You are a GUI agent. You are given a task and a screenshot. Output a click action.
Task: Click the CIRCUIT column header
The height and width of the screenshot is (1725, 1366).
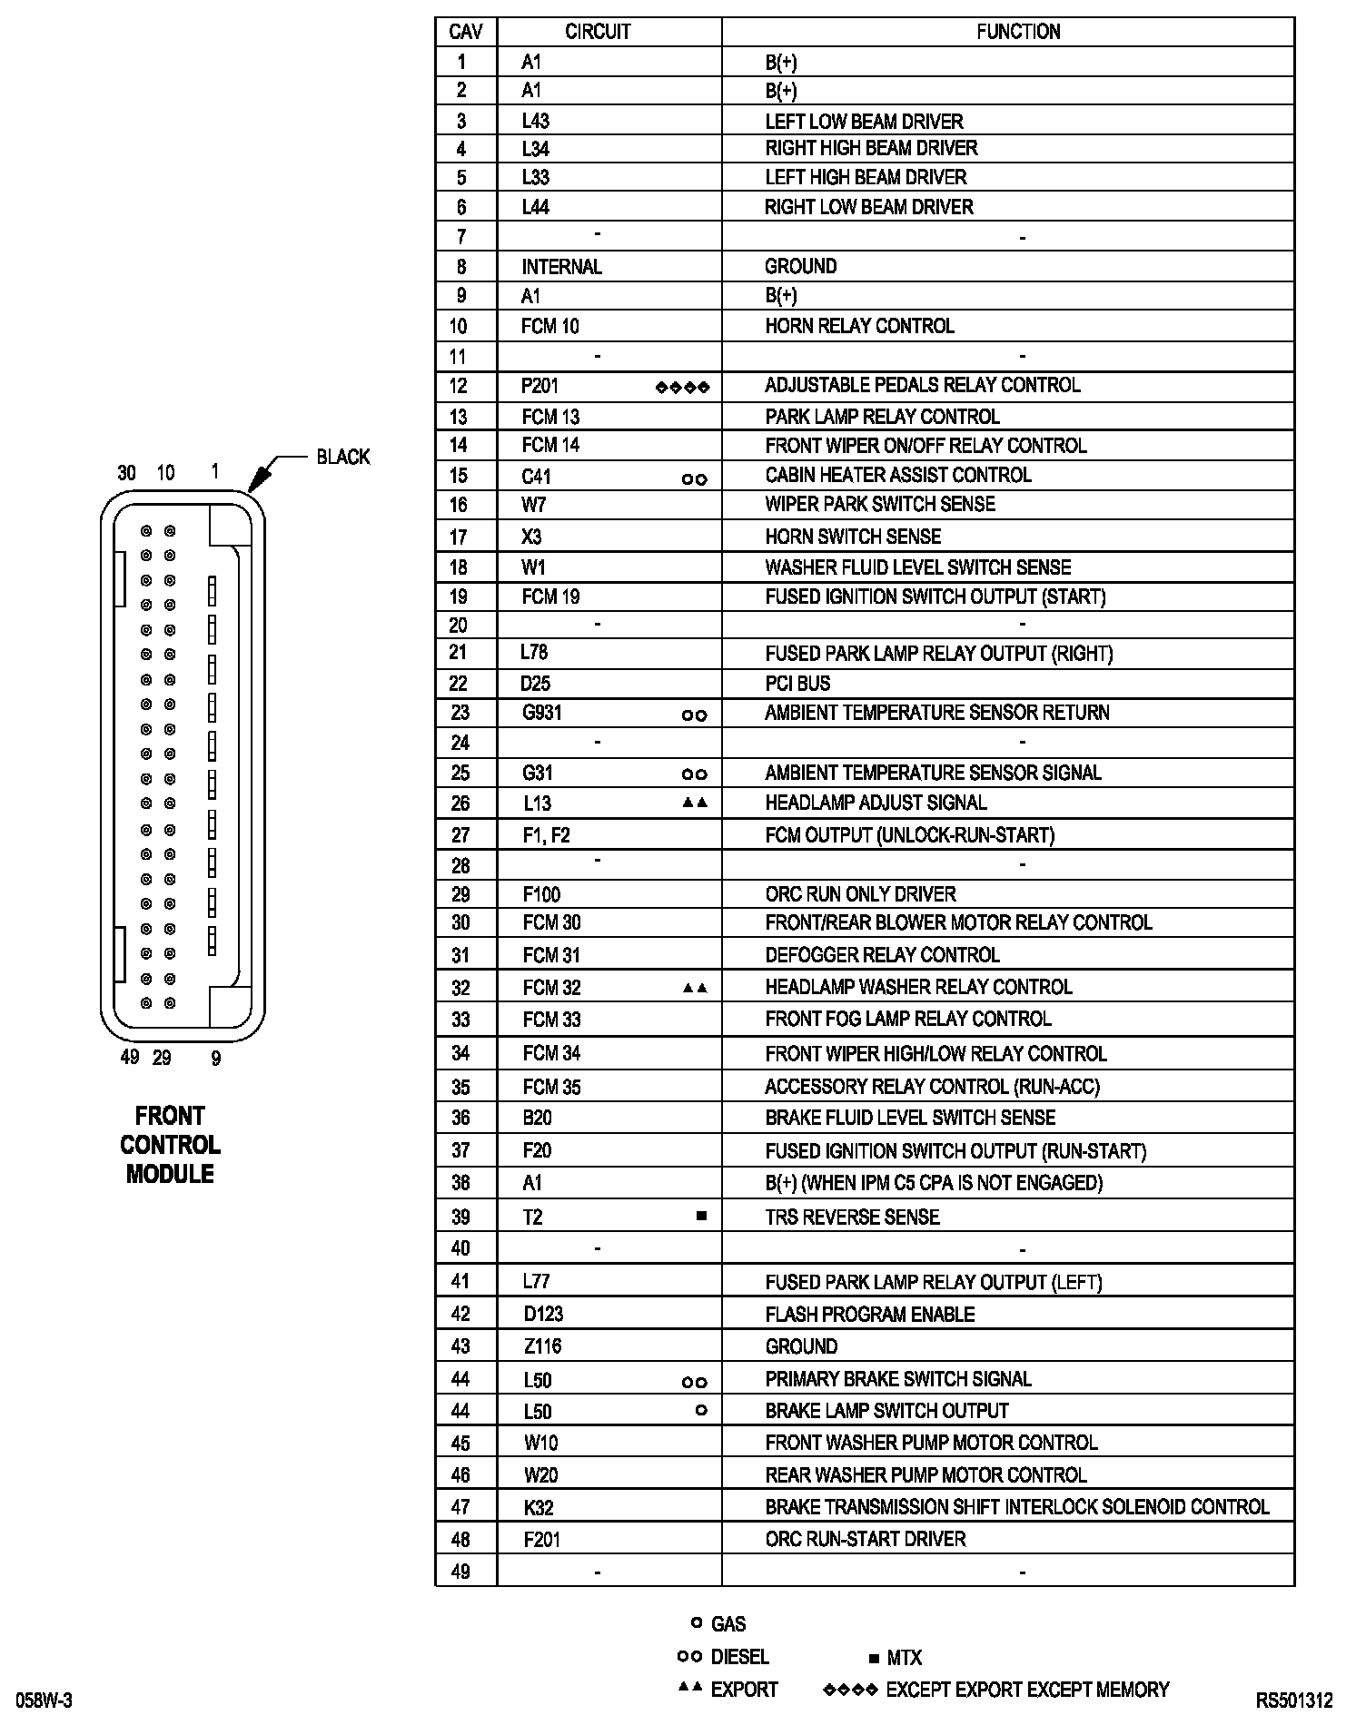click(598, 32)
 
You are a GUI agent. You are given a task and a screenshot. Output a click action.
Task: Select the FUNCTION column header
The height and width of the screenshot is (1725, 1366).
click(1018, 32)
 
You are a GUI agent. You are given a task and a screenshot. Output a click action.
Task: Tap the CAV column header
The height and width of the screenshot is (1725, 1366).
click(466, 32)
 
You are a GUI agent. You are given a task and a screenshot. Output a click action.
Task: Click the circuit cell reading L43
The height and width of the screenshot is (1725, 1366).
click(536, 121)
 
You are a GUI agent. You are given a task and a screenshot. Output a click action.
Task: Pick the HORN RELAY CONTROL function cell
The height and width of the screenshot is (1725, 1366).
click(859, 326)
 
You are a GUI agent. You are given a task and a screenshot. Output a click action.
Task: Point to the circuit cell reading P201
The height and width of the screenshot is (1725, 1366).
click(539, 386)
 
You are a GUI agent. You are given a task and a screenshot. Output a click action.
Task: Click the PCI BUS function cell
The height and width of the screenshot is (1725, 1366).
click(797, 683)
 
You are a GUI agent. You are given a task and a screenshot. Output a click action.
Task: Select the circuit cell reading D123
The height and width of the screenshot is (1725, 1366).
click(543, 1314)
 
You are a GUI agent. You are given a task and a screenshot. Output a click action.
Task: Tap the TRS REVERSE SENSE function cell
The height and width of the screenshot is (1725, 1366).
click(852, 1217)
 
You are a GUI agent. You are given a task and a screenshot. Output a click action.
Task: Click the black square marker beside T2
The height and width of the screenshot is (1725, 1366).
click(700, 1216)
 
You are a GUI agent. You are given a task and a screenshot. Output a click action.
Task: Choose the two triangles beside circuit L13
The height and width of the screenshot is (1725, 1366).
click(695, 803)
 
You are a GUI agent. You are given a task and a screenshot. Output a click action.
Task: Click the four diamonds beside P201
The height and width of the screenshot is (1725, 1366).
click(682, 388)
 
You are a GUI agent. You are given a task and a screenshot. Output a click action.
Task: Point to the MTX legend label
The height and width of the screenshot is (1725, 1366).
click(904, 1658)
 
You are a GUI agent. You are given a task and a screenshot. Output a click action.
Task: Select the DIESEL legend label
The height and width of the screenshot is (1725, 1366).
click(739, 1657)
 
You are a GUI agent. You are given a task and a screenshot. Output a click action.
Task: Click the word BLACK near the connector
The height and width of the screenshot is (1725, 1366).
click(343, 457)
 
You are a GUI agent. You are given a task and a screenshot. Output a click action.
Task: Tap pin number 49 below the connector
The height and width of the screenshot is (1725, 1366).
click(129, 1057)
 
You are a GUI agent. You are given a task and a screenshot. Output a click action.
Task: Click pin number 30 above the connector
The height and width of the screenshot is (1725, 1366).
click(126, 473)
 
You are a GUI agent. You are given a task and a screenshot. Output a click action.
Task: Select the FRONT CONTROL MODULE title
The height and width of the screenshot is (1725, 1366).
click(170, 1144)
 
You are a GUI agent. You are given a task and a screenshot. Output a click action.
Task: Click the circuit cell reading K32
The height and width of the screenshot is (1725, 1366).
click(539, 1508)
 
